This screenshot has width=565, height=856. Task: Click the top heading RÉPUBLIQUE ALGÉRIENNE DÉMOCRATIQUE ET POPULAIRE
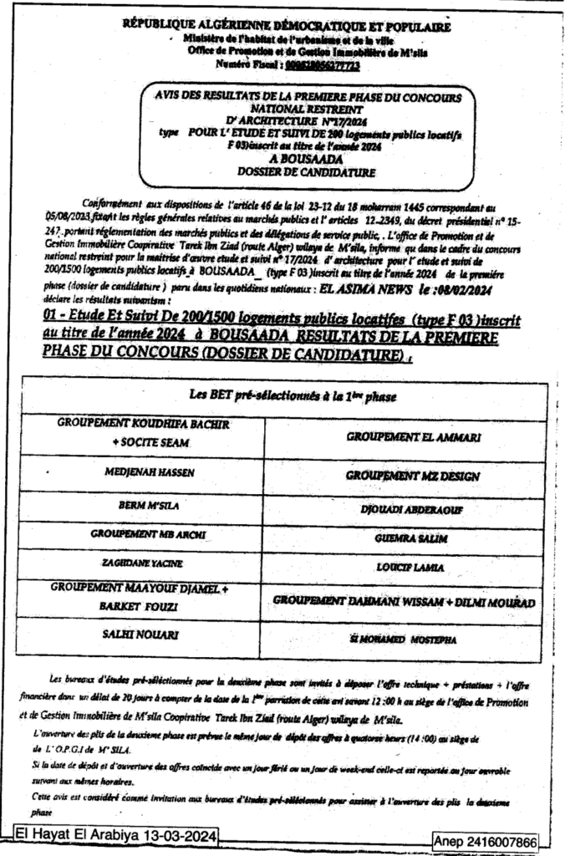coord(287,27)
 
